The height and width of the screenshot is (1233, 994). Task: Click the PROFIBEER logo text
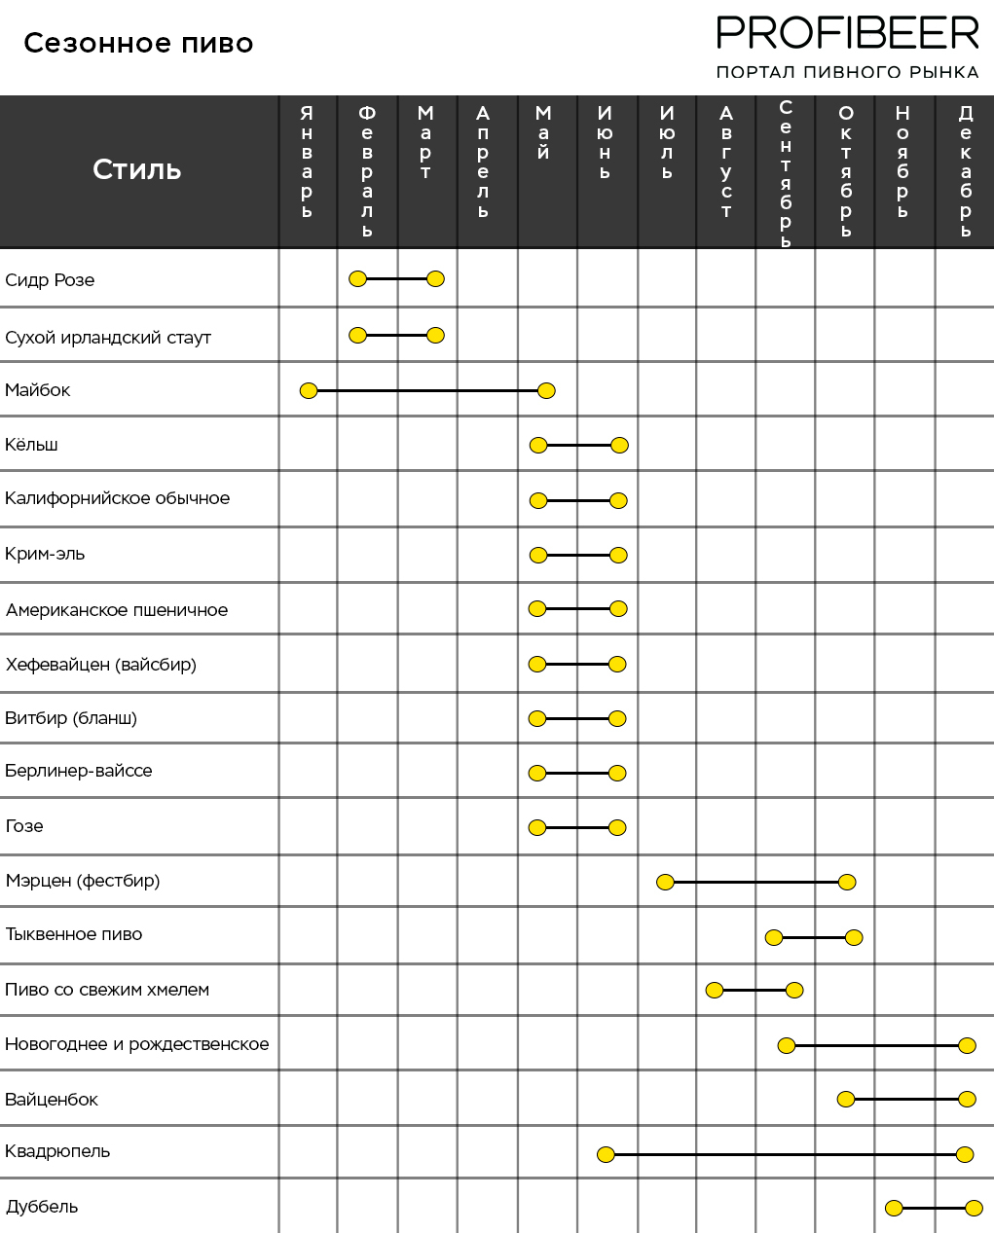[847, 33]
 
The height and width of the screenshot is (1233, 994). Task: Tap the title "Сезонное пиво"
[138, 44]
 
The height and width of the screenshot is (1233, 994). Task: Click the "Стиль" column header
[137, 169]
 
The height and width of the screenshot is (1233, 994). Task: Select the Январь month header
[307, 161]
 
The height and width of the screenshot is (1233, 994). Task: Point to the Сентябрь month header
[786, 173]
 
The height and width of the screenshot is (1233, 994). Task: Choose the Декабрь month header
[966, 170]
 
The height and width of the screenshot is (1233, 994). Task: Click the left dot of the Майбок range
[309, 391]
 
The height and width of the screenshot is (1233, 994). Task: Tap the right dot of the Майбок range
[546, 391]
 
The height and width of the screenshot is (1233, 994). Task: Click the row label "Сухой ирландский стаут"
[108, 338]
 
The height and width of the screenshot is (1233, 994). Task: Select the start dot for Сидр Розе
[357, 279]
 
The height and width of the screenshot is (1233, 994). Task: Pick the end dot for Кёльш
[620, 445]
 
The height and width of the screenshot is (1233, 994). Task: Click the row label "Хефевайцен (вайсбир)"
[101, 665]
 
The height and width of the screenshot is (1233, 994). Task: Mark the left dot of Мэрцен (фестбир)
[666, 882]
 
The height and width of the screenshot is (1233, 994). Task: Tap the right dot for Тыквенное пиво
[854, 937]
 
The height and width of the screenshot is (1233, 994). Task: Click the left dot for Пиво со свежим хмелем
[715, 990]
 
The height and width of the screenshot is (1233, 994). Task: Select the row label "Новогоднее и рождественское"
[137, 1044]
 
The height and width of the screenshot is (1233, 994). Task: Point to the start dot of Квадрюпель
[606, 1154]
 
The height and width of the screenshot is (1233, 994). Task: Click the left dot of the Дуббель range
[895, 1209]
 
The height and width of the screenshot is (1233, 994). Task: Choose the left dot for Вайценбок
[846, 1099]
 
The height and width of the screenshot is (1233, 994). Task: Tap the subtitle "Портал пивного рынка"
[847, 72]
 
